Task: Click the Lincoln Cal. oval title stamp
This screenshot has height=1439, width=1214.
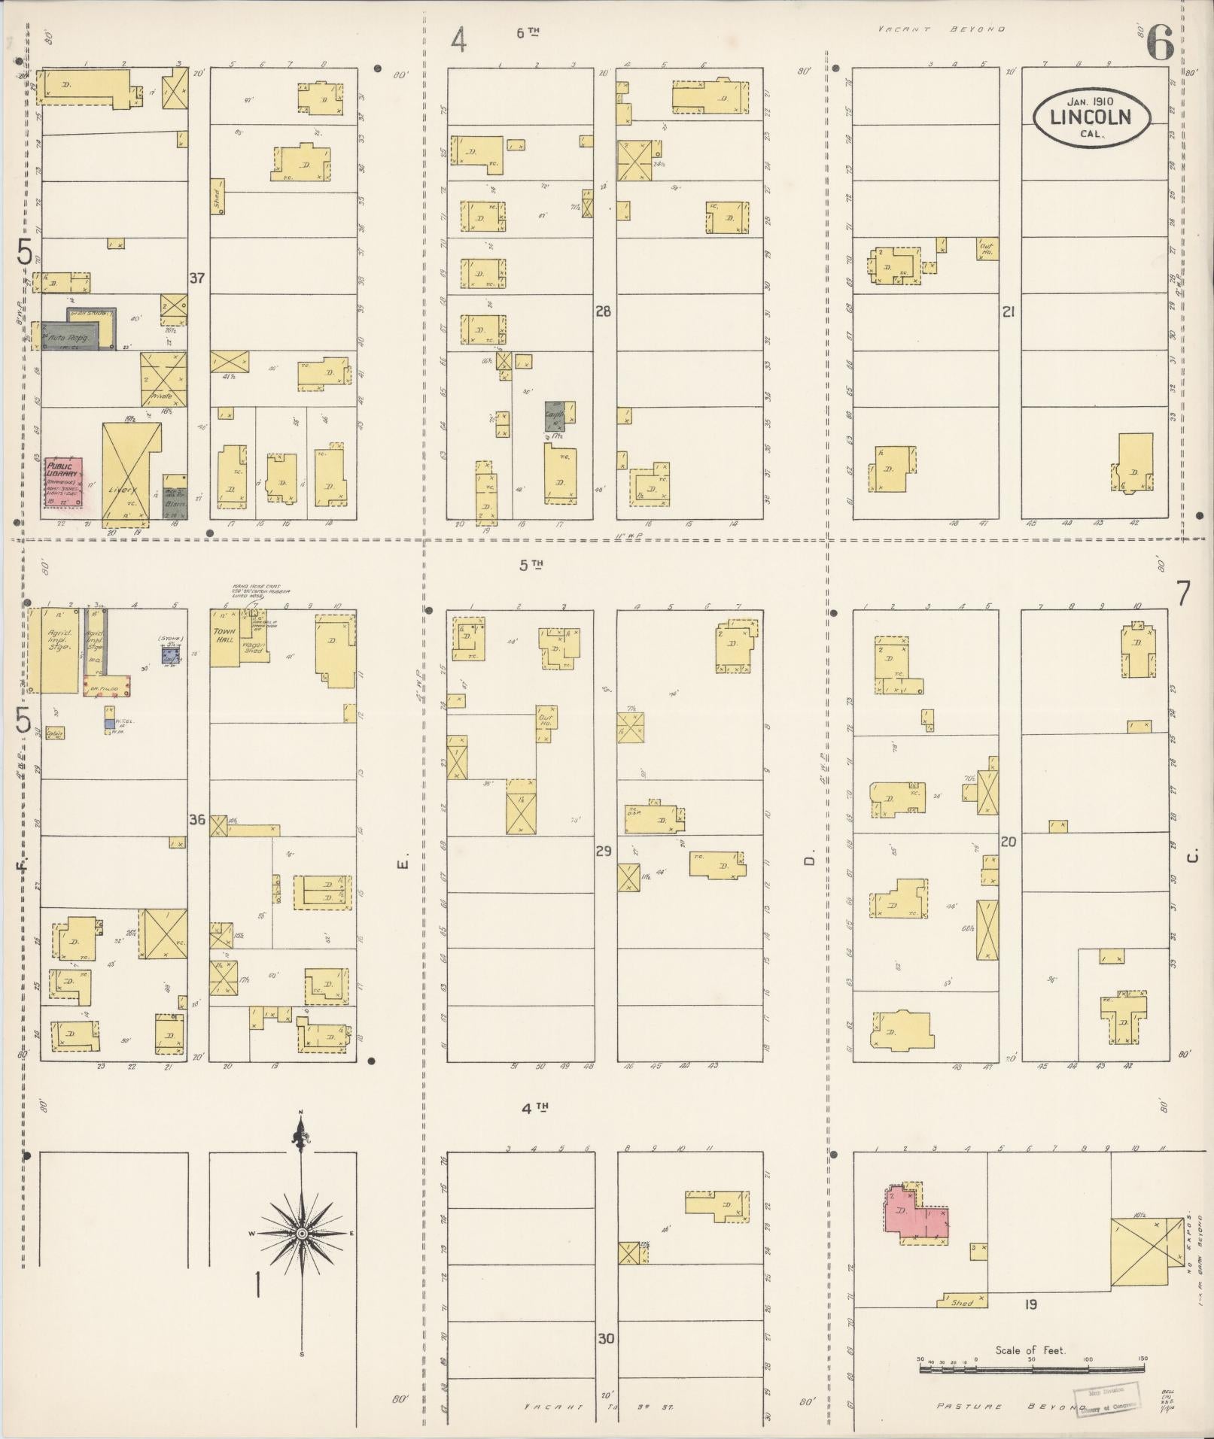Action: [x=1091, y=117]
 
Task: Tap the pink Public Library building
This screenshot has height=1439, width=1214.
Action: [x=63, y=482]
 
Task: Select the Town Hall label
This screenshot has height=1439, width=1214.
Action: [x=224, y=636]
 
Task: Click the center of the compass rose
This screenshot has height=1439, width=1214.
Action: [x=301, y=1234]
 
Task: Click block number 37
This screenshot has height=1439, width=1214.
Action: [x=196, y=278]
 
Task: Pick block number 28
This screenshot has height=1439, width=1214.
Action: [x=603, y=311]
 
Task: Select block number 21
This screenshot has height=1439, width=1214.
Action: [x=1009, y=311]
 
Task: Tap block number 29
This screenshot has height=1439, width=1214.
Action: [x=603, y=852]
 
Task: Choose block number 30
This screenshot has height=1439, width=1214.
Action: [x=606, y=1339]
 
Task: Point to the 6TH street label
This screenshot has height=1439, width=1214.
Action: [x=528, y=32]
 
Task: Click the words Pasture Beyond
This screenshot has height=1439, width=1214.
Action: [x=1001, y=1406]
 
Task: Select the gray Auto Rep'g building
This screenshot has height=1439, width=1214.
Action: [x=72, y=336]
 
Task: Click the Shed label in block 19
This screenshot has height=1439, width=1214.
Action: [x=962, y=1301]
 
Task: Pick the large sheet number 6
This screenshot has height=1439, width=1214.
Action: [x=1160, y=44]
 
